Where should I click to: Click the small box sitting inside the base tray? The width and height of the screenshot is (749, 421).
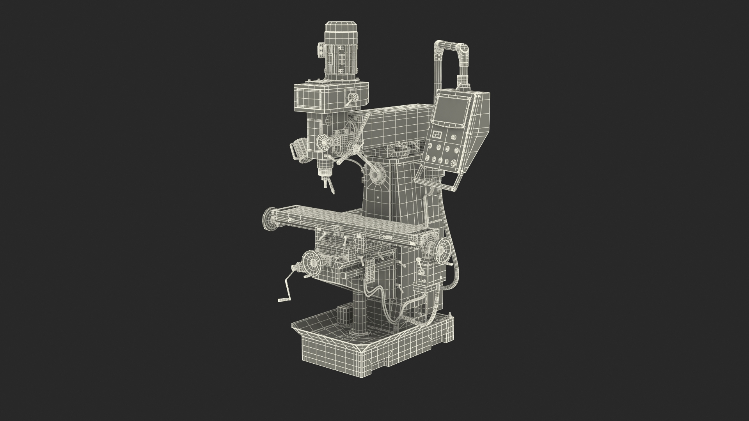coord(343,314)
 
